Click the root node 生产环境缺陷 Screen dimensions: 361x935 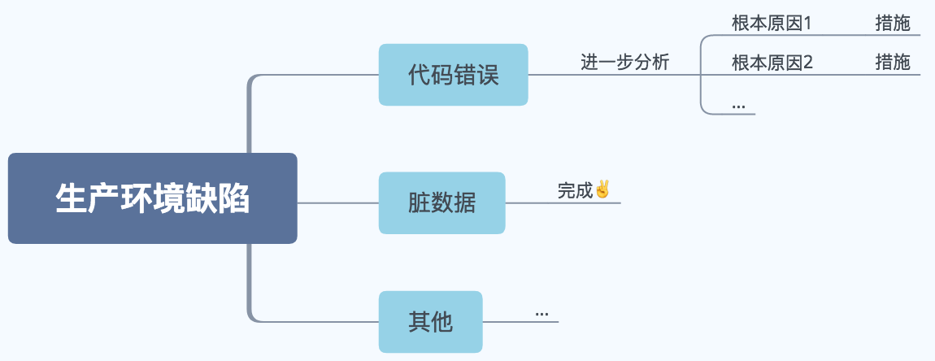pos(152,198)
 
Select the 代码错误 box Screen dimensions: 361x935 pos(453,75)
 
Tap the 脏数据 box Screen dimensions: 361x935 pos(441,202)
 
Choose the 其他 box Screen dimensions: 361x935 pos(430,322)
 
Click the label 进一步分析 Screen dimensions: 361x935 pos(624,63)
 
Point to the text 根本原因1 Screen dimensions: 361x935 pos(772,23)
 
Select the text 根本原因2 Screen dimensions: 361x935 pos(772,62)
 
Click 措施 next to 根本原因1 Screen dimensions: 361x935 pos(893,23)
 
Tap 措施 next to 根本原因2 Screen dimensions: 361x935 pos(893,62)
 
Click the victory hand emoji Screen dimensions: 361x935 pos(602,189)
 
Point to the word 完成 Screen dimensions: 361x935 pos(576,191)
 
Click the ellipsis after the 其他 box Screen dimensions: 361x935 pos(541,313)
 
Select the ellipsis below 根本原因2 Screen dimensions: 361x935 pos(738,106)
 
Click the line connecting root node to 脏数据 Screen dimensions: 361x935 pos(337,202)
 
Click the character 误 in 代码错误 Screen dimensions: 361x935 pos(487,76)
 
